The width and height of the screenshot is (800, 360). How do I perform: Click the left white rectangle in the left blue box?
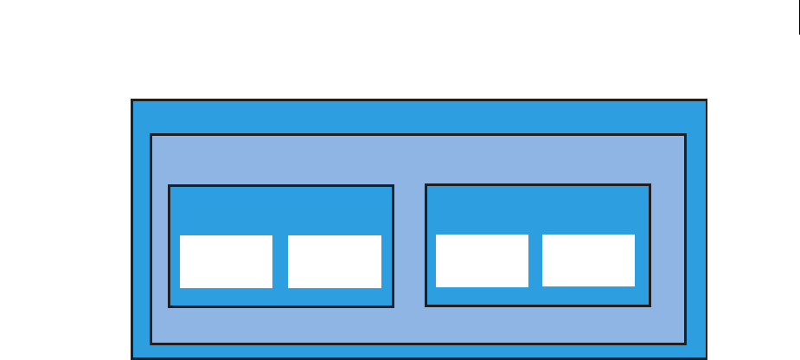tap(226, 261)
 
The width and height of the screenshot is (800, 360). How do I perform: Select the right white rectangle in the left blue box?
tap(334, 261)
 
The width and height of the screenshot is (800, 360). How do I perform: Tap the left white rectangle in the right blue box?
tap(482, 260)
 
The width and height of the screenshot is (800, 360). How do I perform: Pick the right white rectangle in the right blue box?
tap(588, 260)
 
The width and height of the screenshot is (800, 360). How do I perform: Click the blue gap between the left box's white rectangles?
tap(280, 261)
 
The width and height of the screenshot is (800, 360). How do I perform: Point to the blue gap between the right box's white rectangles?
tap(535, 260)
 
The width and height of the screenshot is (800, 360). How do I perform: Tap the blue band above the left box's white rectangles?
tap(280, 210)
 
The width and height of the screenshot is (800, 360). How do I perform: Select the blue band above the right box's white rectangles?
tap(537, 209)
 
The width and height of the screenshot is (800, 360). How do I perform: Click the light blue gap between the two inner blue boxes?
tap(409, 246)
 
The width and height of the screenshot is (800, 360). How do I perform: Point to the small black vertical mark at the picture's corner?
tap(799, 16)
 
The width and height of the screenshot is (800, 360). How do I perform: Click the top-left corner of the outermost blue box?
tap(132, 100)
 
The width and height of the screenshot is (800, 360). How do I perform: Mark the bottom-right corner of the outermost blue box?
tap(707, 357)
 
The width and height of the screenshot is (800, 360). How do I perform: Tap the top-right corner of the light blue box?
tap(685, 135)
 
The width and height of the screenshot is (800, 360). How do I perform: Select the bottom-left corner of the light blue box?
tap(151, 343)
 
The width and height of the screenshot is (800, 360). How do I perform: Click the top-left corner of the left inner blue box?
tap(170, 186)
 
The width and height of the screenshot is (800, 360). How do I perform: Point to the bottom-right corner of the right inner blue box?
tap(649, 305)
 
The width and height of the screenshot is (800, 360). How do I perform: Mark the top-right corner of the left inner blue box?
tap(393, 186)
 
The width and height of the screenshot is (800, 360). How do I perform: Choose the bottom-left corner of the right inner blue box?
tap(426, 305)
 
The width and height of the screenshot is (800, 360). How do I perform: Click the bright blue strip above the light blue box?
tap(419, 118)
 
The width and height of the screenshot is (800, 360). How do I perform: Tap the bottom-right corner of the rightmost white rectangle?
tap(634, 286)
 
